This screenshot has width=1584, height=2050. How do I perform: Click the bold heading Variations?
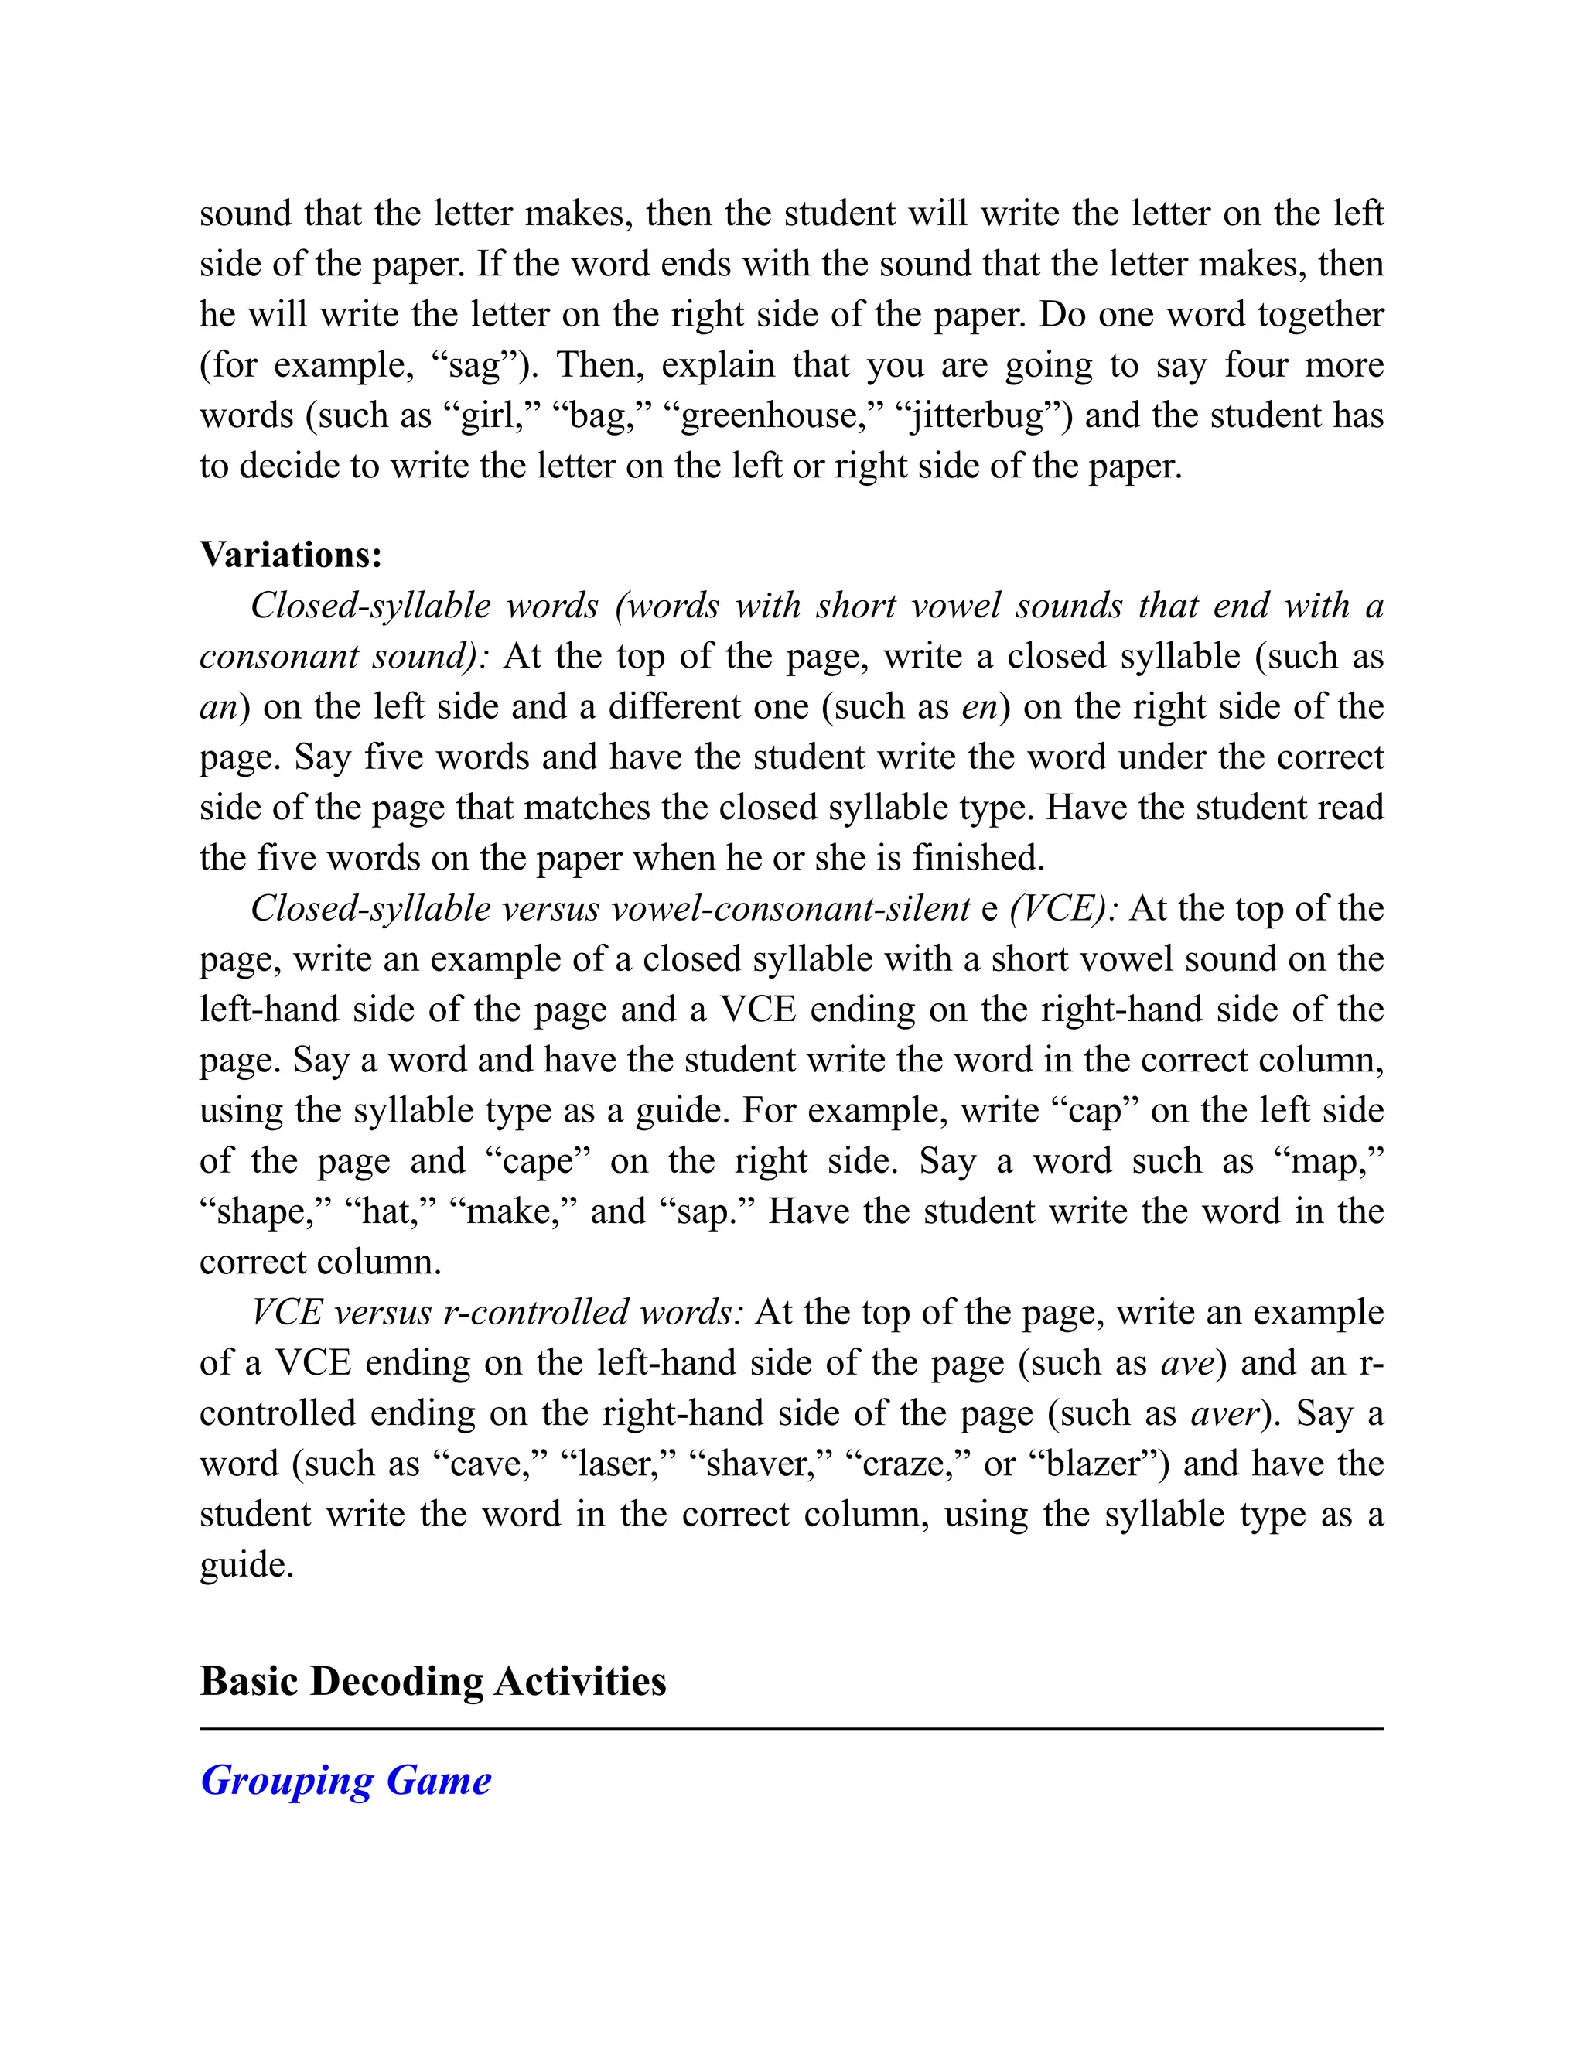pos(291,555)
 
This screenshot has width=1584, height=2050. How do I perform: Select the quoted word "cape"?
pos(538,1161)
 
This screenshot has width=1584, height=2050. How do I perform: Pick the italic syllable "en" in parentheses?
pos(978,707)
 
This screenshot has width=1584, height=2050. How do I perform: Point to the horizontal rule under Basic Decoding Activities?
pos(791,1728)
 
